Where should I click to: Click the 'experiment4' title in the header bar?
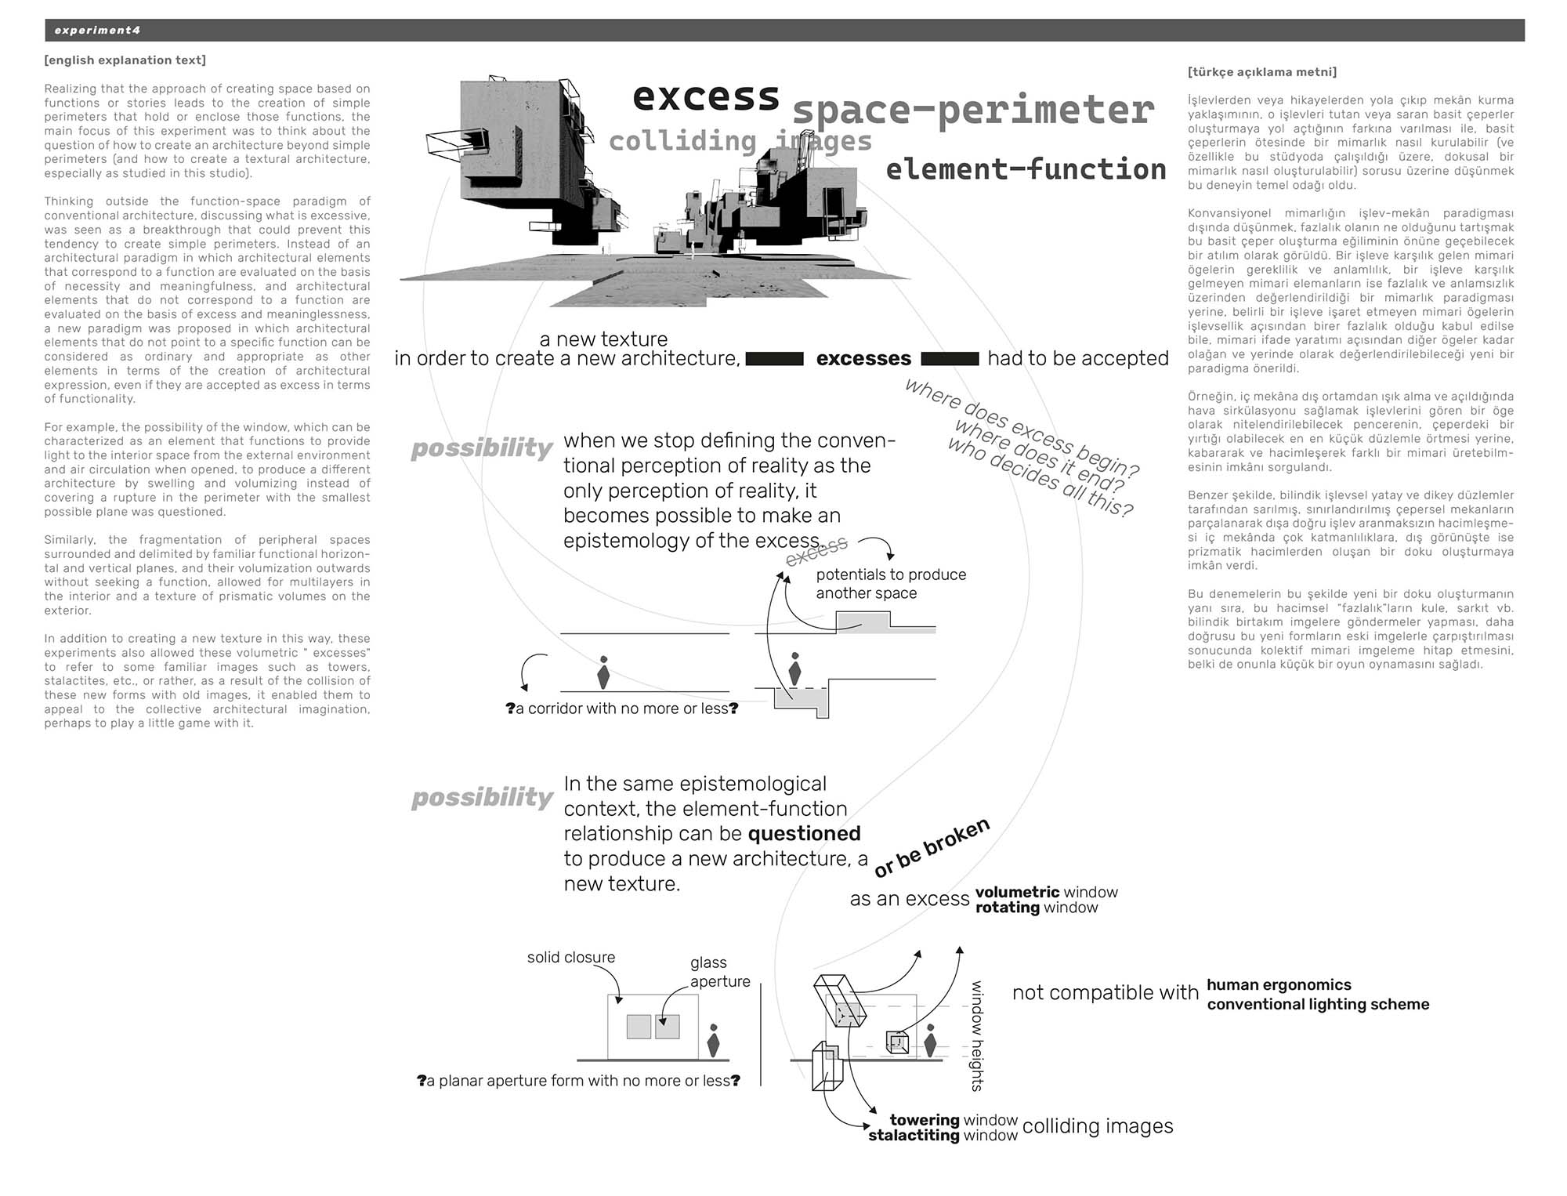point(97,31)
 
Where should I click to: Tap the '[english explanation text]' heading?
point(125,60)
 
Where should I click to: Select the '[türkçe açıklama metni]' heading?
point(1262,72)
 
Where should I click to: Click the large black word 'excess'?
point(706,97)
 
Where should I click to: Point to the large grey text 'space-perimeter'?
point(973,111)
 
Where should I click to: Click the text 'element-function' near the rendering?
point(1026,169)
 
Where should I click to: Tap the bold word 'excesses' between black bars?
point(863,359)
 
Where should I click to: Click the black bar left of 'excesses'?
point(774,359)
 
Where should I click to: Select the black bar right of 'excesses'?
point(950,359)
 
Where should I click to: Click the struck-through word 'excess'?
point(817,551)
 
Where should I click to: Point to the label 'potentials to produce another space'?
point(891,584)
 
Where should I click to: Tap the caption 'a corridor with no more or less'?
point(622,709)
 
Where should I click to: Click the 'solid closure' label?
point(571,957)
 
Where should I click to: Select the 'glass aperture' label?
point(719,972)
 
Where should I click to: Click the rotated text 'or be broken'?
point(932,848)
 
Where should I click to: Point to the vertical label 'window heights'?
point(977,1035)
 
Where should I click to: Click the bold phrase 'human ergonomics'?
point(1279,985)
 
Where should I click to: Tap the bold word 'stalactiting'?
point(914,1136)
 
